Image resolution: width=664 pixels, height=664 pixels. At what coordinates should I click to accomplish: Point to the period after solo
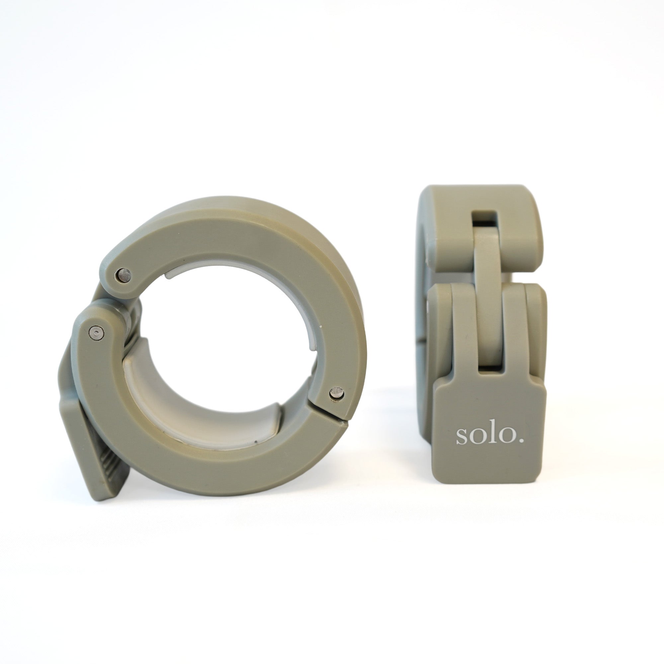coord(522,441)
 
